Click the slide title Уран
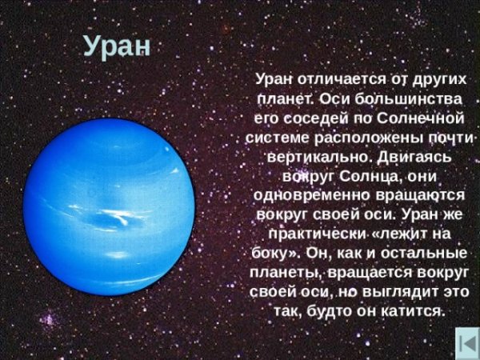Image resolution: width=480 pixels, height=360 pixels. [x=116, y=46]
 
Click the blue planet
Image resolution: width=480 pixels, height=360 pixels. [x=110, y=207]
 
